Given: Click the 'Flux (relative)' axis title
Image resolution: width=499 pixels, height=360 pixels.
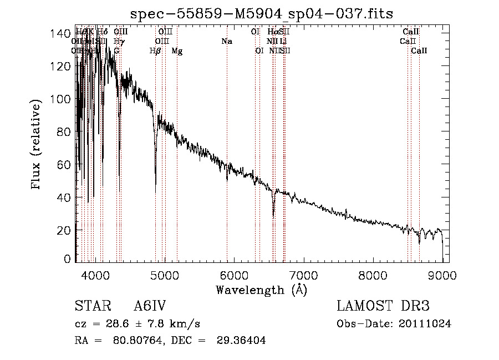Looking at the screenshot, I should (x=37, y=145).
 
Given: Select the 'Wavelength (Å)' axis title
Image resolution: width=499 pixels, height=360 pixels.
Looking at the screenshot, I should (x=261, y=290).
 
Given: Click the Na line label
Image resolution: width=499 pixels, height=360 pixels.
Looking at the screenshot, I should (x=226, y=42).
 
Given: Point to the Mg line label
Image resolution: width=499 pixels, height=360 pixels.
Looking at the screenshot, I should (x=177, y=51).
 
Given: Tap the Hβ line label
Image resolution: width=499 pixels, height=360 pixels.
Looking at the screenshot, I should (x=155, y=51).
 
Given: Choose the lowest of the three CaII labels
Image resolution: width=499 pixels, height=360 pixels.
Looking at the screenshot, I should (x=419, y=51).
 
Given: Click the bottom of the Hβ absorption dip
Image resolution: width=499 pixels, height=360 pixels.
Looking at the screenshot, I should (x=156, y=183).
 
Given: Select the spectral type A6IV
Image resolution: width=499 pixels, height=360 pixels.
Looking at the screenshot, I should (x=149, y=306).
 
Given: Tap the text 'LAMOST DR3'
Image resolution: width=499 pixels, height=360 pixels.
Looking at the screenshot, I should (x=383, y=306).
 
